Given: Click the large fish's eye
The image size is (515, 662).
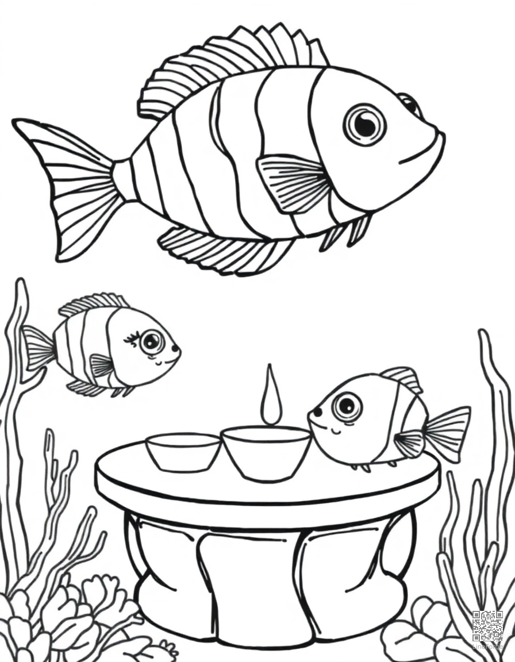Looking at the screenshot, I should (364, 124).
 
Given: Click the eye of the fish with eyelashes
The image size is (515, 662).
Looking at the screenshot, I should (151, 342).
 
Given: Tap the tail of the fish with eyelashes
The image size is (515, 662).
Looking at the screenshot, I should (38, 348).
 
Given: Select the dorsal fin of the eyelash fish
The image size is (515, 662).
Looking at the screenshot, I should (92, 303).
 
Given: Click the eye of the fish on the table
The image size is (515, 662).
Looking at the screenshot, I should (347, 406).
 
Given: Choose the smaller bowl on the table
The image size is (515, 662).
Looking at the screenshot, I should (183, 451).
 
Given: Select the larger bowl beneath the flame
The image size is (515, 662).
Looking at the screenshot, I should (266, 451).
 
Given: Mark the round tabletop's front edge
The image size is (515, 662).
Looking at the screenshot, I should (264, 500).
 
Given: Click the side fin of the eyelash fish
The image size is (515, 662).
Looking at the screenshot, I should (102, 365).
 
